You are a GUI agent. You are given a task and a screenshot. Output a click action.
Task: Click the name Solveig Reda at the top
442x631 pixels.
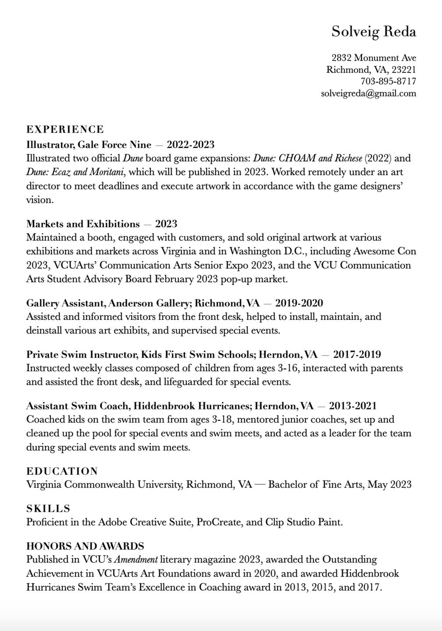373,32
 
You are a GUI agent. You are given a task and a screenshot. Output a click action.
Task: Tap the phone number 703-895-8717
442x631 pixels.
388,81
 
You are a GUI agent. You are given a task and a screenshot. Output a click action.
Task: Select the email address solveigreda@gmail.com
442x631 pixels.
368,93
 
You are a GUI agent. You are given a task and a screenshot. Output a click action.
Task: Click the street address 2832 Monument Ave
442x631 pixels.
374,57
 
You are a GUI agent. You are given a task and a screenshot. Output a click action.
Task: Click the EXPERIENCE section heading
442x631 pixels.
65,129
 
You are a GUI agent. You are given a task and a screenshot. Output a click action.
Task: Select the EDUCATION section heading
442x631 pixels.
62,471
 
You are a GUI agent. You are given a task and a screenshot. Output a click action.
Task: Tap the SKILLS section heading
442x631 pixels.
48,509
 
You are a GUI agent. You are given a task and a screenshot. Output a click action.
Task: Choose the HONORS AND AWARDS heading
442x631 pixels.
85,546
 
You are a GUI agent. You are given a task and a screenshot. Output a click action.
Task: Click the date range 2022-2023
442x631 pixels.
191,144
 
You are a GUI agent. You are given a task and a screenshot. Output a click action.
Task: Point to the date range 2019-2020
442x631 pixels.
299,303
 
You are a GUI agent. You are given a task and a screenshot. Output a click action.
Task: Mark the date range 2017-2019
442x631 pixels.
357,354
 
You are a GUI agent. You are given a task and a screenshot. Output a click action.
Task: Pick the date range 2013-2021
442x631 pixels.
353,405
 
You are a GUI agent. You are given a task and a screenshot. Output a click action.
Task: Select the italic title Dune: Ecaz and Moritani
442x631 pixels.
75,172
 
